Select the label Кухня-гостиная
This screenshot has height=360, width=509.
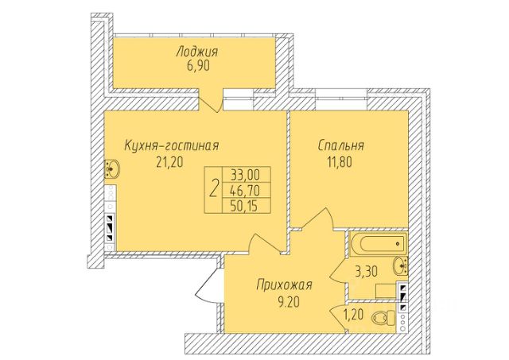click(171, 145)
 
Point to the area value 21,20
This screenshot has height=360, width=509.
click(171, 163)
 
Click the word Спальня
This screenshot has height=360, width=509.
click(340, 145)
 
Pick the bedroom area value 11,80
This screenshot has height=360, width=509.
click(340, 163)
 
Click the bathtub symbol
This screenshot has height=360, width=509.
click(378, 242)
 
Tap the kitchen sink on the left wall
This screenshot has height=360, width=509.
click(112, 168)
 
